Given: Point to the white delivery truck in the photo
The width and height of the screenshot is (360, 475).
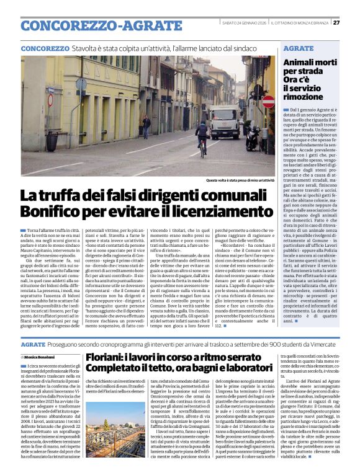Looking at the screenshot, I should click(224, 122).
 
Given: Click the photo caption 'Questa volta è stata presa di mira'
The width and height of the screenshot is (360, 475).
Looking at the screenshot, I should click(238, 180).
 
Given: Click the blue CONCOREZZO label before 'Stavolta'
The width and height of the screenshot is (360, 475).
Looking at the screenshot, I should click(45, 48).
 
